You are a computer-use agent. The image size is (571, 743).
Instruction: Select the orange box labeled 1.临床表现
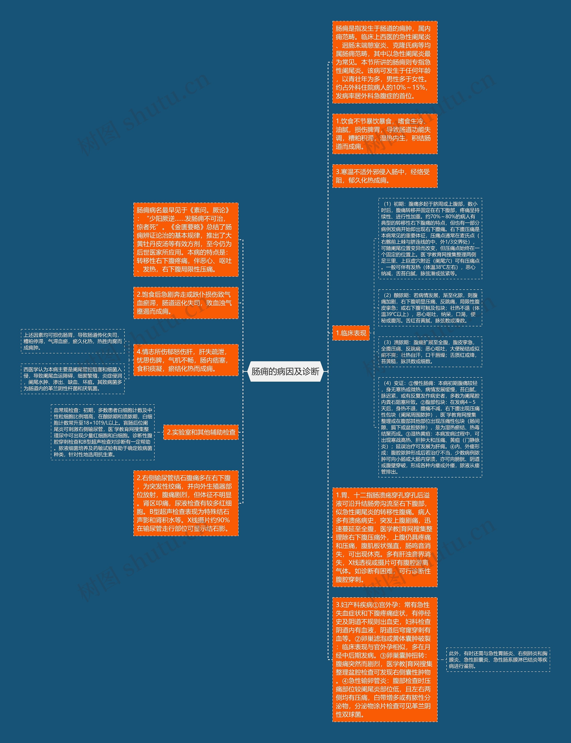tap(351, 333)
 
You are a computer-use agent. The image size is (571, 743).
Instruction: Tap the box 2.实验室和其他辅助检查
tap(201, 432)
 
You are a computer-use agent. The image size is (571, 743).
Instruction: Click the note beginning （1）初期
tap(430, 239)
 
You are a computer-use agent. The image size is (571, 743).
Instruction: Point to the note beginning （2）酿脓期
tap(430, 308)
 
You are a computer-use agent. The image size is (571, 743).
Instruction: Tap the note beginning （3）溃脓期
tap(430, 352)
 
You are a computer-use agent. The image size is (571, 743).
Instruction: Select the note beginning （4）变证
tap(430, 427)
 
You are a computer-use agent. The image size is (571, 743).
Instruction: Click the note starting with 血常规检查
tap(103, 432)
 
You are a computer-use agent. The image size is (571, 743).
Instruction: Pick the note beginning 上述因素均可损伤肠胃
tap(73, 341)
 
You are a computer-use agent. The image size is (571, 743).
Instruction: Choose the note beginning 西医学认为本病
tap(73, 379)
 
